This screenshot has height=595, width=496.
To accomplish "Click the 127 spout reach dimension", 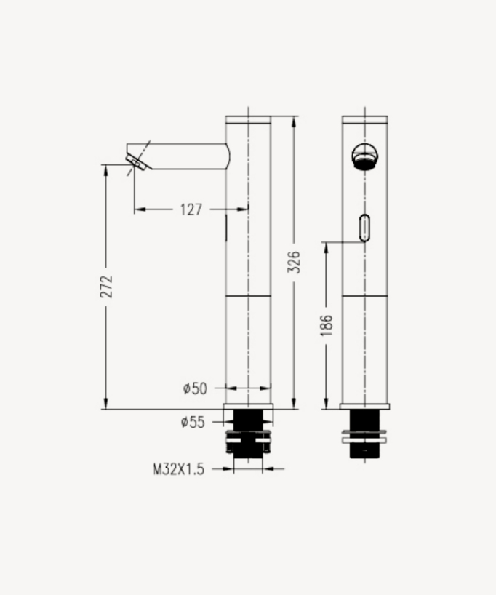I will click(x=191, y=209).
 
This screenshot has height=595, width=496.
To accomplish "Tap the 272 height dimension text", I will click(x=106, y=286).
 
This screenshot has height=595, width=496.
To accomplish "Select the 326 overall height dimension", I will click(x=295, y=262).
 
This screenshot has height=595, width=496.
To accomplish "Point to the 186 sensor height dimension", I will click(x=326, y=324).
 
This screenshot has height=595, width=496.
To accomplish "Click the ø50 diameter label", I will click(x=195, y=389).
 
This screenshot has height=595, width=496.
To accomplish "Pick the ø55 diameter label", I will click(x=193, y=422).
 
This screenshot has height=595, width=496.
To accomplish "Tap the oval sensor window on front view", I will click(x=364, y=228).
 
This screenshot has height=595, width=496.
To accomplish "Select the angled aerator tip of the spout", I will click(x=137, y=161).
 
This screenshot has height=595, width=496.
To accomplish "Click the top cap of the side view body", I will click(x=248, y=119).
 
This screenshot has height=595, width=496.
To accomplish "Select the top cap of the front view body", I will click(x=364, y=119).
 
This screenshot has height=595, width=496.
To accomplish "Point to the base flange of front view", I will click(x=364, y=407).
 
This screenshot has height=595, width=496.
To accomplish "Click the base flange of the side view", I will click(x=248, y=407).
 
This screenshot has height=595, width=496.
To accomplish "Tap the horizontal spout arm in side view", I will click(x=185, y=156).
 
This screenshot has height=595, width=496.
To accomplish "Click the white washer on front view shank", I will click(x=364, y=439).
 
